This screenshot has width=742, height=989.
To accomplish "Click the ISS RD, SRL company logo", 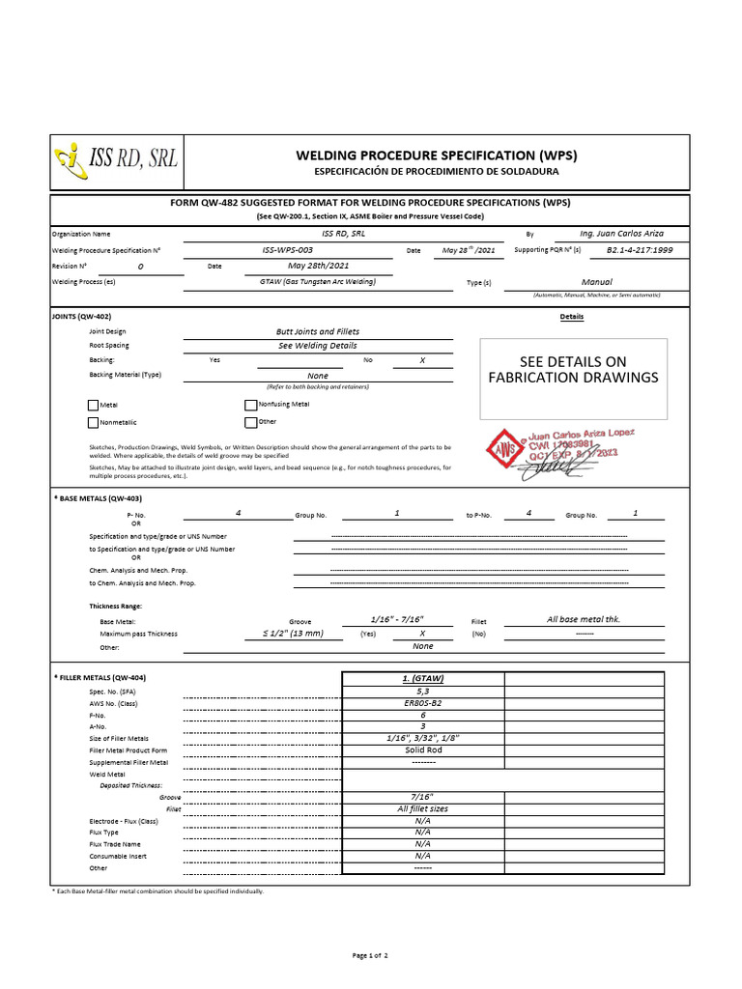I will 117,160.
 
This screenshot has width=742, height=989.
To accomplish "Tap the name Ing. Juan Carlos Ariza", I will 621,234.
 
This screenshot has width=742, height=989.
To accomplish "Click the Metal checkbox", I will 93,406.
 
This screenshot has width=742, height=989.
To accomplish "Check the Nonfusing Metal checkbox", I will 251,405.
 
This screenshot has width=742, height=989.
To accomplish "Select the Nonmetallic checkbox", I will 93,422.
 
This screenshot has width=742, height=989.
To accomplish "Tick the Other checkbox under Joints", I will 251,422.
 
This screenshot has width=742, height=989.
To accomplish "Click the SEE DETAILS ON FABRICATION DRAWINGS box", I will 574,369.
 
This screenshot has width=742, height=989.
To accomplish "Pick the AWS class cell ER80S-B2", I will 423,702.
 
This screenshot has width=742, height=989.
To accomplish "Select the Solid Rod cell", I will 423,750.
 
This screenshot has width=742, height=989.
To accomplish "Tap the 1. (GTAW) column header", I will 423,678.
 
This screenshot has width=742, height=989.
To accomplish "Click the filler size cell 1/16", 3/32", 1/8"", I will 423,738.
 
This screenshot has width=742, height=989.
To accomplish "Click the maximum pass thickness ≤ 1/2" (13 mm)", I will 293,634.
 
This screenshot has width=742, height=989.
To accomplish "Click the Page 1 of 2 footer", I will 370,955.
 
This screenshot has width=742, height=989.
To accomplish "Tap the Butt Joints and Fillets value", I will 318,331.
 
